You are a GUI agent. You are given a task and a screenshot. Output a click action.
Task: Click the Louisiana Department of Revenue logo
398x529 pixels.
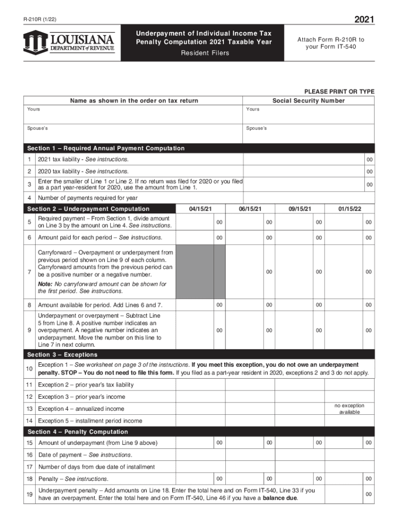(68, 41)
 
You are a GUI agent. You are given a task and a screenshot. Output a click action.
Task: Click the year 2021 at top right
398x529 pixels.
(364, 20)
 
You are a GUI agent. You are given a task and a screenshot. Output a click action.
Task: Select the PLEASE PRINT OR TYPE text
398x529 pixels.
(339, 91)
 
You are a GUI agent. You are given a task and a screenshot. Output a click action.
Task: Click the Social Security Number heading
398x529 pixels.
(309, 101)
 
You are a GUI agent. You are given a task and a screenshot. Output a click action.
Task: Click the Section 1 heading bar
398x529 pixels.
(106, 148)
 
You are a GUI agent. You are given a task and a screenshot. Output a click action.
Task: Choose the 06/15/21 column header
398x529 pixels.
(251, 209)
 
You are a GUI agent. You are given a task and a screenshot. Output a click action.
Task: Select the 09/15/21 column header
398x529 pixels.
(300, 209)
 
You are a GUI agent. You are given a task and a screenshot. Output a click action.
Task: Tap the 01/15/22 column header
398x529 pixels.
(350, 209)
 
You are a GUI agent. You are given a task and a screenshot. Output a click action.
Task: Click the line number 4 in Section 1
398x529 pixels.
(29, 197)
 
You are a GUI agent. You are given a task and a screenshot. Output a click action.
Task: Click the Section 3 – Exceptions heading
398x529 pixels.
(63, 354)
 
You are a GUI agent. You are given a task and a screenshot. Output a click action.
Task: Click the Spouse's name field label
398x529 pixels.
(38, 128)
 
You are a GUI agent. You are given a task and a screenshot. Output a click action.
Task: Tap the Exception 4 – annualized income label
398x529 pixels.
(81, 409)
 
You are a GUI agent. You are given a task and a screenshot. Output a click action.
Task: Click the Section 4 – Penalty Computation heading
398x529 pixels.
(78, 431)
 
